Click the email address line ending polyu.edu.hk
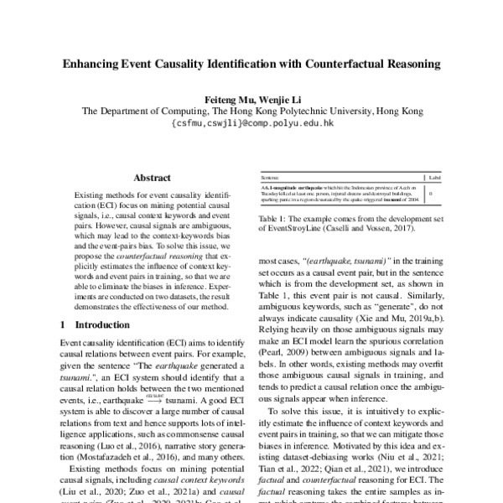click(251, 122)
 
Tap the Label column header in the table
click(433, 179)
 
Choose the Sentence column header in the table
click(270, 179)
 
